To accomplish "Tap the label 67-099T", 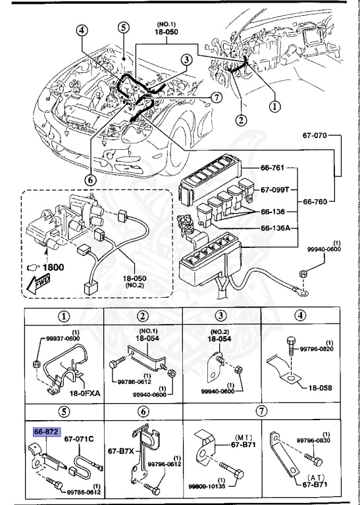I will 275,189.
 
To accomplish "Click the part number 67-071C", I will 80,439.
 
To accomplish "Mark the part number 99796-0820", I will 322,349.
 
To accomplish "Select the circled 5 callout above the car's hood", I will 123,27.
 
